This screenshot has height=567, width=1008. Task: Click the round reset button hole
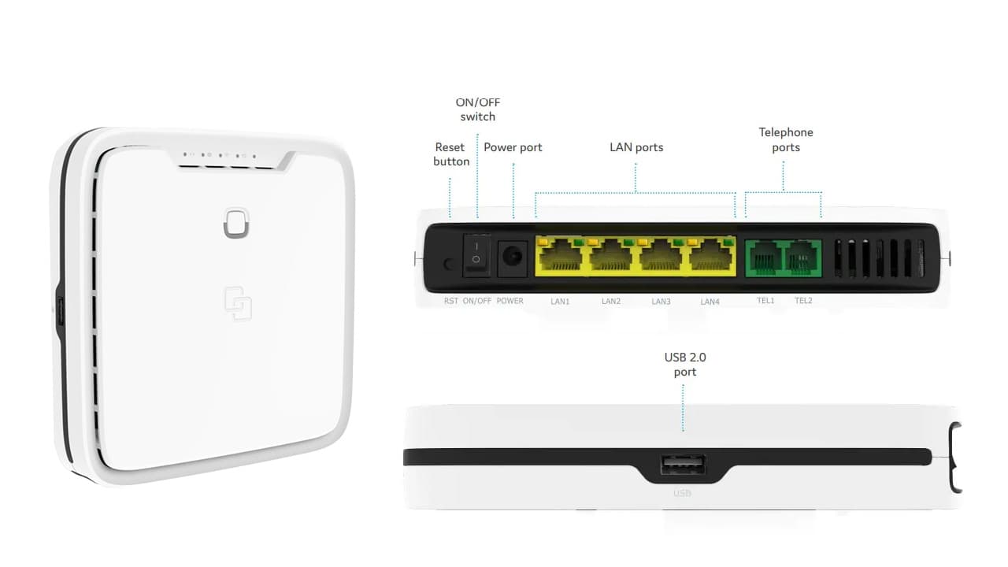(448, 264)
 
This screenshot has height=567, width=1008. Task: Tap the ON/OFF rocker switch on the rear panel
(476, 255)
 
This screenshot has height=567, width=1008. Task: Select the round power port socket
(513, 258)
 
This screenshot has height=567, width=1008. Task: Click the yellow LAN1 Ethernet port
(560, 256)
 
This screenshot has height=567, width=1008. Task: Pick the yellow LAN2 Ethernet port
(610, 256)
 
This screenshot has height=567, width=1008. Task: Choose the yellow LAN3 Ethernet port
(660, 256)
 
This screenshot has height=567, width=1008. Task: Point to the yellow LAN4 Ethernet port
(710, 256)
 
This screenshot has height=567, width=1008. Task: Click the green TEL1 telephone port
(765, 258)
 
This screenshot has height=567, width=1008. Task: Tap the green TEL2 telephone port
(802, 258)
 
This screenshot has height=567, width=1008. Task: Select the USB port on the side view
(683, 465)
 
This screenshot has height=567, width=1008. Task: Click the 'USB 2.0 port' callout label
(685, 365)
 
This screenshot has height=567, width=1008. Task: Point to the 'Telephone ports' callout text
(786, 139)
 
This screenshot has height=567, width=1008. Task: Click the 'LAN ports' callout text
(636, 147)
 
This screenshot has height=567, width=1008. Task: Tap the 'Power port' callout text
(513, 147)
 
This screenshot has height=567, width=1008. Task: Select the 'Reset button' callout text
(451, 154)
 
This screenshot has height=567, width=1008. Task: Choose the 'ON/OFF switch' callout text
(477, 109)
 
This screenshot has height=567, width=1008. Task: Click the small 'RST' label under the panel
(451, 301)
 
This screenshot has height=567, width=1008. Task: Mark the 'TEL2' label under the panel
(803, 301)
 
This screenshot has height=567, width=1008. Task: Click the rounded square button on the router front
(236, 223)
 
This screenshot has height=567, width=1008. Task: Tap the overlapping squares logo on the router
(238, 303)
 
